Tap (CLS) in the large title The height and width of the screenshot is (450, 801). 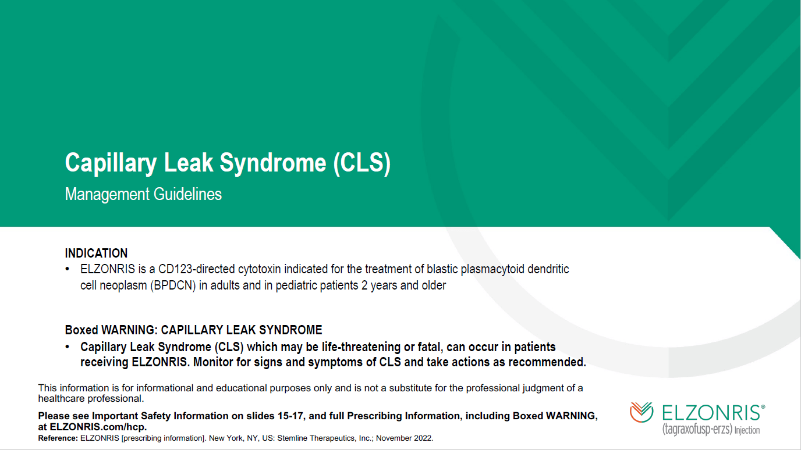361,163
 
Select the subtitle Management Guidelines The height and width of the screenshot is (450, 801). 143,194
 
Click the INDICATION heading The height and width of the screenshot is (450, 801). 96,253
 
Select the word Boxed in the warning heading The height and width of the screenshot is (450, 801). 81,330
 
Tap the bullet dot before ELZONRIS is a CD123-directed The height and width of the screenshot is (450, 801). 68,269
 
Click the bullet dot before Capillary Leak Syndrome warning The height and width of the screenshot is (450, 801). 68,347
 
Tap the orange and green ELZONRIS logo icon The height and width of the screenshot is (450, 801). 641,412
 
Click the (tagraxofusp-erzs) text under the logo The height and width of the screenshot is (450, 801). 697,430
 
